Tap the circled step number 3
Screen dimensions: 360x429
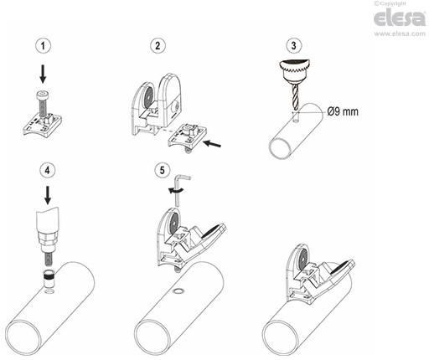click(293, 44)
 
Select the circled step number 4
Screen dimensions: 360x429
click(48, 171)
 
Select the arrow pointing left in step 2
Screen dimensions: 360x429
click(214, 145)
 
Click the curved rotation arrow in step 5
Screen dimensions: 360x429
click(174, 191)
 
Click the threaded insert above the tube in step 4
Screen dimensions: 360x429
click(49, 277)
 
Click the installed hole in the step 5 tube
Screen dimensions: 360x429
click(177, 292)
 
